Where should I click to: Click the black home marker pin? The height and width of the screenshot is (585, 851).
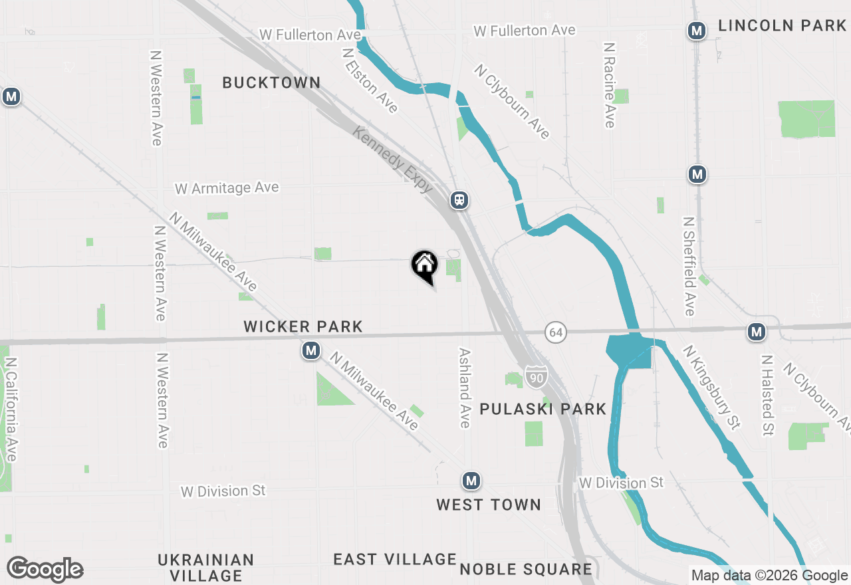(x=424, y=265)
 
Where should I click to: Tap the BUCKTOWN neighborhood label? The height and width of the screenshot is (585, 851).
(x=271, y=83)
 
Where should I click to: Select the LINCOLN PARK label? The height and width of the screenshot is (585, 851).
(x=782, y=26)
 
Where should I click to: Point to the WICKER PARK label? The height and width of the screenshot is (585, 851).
(x=303, y=326)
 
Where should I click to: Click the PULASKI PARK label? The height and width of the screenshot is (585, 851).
(x=543, y=409)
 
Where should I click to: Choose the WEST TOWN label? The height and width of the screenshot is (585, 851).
(x=489, y=505)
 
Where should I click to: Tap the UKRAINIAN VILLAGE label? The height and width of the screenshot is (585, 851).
(x=206, y=567)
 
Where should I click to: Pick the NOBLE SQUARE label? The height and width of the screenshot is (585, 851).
(x=526, y=569)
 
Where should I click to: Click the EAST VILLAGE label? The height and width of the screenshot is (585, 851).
(x=395, y=559)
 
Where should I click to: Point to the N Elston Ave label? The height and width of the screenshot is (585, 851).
(x=370, y=80)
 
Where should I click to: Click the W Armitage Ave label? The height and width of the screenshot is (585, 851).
(x=227, y=189)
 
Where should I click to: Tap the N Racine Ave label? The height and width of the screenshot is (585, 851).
(x=609, y=85)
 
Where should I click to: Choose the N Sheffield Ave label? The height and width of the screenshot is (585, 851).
(x=689, y=266)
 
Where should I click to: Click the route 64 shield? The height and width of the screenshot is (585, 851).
(x=556, y=331)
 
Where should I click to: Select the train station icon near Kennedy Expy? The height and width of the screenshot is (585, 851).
(x=459, y=199)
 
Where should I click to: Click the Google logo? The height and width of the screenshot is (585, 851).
(x=45, y=570)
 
